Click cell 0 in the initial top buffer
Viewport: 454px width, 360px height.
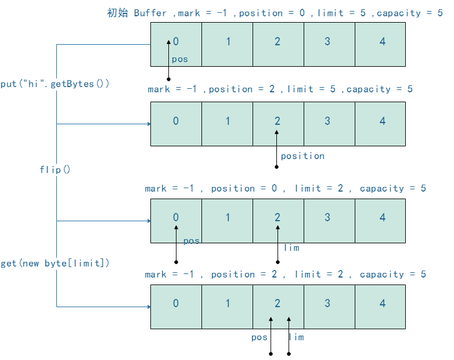coord(176,44)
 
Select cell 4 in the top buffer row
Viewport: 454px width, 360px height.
coord(380,44)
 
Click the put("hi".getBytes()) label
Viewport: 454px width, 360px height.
coord(55,84)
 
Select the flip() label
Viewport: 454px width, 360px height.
coord(55,170)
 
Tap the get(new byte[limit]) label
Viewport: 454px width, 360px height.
coord(55,263)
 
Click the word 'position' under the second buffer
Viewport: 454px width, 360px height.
coord(302,156)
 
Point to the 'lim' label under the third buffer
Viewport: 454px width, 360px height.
coord(291,248)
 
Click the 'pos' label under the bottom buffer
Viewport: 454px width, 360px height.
coord(259,337)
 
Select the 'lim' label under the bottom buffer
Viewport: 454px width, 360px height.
coord(296,337)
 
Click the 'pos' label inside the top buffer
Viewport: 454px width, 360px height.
coord(180,59)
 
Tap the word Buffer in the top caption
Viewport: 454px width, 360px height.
coord(150,13)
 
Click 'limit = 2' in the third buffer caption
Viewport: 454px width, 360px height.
coord(317,188)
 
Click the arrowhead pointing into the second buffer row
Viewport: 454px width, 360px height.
coord(149,124)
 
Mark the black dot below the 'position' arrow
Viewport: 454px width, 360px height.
coord(277,167)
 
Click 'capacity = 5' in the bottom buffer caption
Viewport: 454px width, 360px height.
coord(392,274)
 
